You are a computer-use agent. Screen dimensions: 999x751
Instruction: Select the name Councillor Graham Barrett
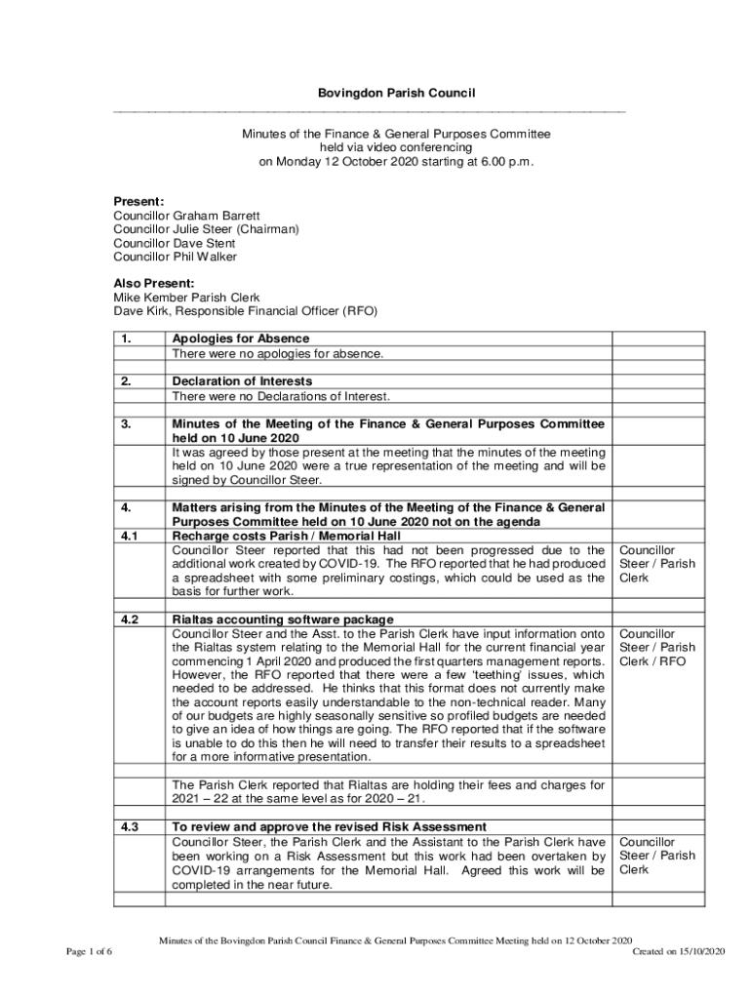coord(186,216)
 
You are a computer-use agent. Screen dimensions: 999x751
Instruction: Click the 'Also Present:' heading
coord(154,284)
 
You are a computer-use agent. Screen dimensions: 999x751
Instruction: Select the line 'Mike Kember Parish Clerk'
coord(186,298)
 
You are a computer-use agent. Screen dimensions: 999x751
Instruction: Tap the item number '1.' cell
coord(127,339)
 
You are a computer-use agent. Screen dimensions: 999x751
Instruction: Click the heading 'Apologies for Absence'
coord(241,339)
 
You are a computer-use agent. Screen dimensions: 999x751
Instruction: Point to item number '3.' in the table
coord(127,424)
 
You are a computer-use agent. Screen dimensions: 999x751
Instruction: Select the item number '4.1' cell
coord(129,536)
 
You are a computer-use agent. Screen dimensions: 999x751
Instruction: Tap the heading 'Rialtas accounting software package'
coord(283,619)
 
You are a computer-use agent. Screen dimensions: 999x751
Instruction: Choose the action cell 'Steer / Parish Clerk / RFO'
coord(657,647)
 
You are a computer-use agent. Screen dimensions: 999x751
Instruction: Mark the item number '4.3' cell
coord(129,827)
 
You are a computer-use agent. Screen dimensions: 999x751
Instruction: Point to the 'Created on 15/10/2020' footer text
coord(679,951)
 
